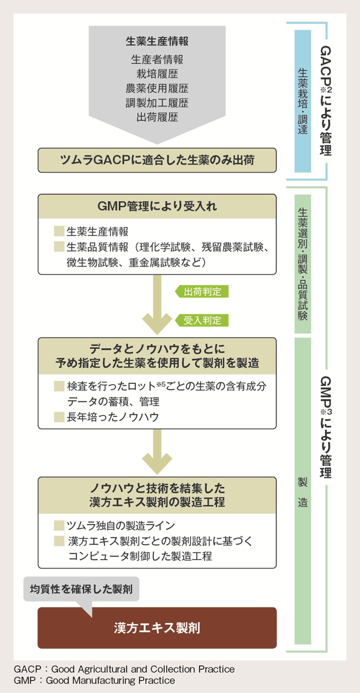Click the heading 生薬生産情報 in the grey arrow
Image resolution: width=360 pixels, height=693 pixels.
(x=157, y=41)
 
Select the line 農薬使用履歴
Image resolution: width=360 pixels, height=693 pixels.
(x=157, y=89)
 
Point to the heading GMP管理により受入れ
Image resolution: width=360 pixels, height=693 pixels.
(x=157, y=207)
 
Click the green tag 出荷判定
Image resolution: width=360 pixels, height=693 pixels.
(x=202, y=292)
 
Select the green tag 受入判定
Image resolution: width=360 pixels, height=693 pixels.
(x=202, y=320)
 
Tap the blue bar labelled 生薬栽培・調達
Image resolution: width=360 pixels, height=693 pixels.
(x=302, y=101)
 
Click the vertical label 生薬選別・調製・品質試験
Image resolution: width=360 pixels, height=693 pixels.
(x=302, y=264)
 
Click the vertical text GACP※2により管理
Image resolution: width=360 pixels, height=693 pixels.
(x=325, y=101)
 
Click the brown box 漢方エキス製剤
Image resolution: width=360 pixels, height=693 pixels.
(x=157, y=628)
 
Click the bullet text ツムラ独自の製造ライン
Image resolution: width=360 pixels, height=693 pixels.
(x=120, y=525)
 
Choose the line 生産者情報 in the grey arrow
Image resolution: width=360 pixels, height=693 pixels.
(x=157, y=60)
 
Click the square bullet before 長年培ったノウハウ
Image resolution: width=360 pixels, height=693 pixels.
(x=59, y=417)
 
